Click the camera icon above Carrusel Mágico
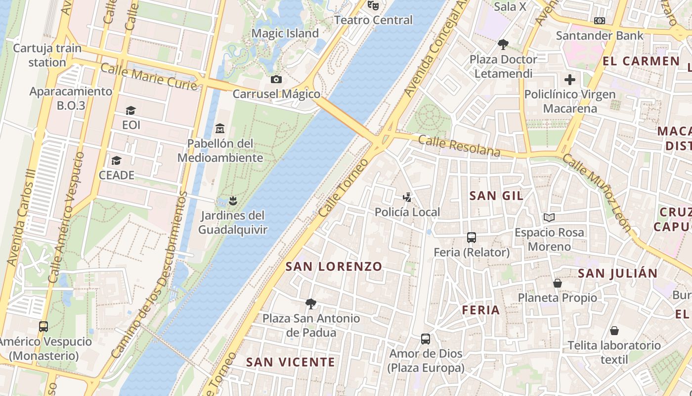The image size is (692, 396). [276, 79]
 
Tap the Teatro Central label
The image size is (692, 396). [373, 20]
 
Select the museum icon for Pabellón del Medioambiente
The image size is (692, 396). [220, 129]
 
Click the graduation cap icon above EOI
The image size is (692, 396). [131, 110]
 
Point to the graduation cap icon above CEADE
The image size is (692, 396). [117, 160]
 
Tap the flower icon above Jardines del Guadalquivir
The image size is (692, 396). [233, 200]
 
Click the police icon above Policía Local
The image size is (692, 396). [407, 198]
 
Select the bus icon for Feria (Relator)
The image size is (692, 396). [472, 238]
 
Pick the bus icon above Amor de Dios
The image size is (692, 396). [426, 339]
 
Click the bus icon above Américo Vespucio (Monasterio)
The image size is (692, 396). [43, 327]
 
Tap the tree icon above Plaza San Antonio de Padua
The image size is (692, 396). [311, 303]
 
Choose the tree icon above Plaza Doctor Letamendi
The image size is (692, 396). [503, 45]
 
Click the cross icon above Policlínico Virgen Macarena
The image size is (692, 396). [570, 79]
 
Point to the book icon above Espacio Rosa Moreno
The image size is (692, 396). [549, 217]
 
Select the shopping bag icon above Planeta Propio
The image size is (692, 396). [558, 283]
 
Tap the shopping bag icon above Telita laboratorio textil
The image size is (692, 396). [614, 331]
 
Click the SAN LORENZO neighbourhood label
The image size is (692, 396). [334, 266]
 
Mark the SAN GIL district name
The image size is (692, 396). [496, 196]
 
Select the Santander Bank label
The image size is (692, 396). [600, 36]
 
